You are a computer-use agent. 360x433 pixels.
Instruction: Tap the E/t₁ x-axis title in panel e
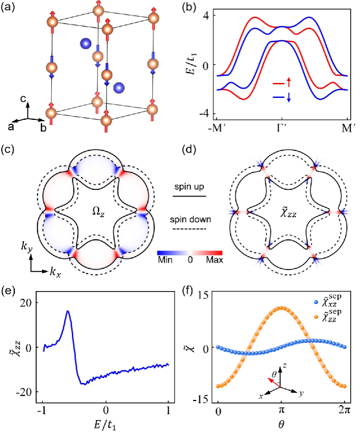point(106,425)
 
